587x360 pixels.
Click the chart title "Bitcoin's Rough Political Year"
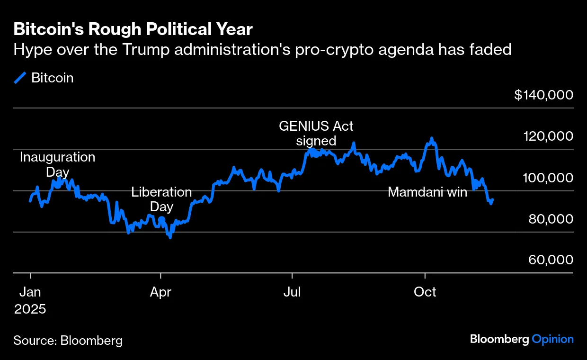(x=133, y=29)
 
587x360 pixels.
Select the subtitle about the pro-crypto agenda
(x=262, y=49)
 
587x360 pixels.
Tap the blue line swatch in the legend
(x=20, y=78)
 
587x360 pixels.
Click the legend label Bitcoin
(x=52, y=78)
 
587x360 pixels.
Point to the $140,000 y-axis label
(x=543, y=95)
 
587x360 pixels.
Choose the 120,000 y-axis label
(x=547, y=136)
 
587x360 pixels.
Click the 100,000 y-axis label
(x=547, y=178)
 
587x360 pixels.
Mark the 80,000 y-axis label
(x=550, y=219)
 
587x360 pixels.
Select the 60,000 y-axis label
(x=550, y=260)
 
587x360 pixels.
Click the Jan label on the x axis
(x=30, y=292)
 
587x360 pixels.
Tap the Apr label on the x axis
(x=160, y=292)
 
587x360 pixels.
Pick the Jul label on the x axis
(x=292, y=292)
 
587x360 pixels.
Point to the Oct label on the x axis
(x=425, y=292)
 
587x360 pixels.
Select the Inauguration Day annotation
(x=57, y=164)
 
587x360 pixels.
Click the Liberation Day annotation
(x=161, y=199)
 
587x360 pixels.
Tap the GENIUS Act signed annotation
(x=316, y=134)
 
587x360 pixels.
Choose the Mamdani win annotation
(x=427, y=192)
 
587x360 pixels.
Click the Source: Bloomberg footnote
(x=68, y=340)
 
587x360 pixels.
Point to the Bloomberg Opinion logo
(x=522, y=339)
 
